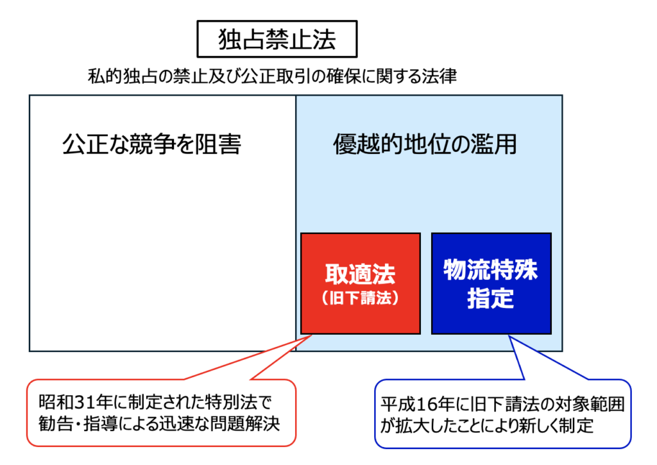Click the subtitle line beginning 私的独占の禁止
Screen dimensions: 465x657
point(272,76)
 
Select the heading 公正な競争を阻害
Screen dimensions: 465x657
point(151,144)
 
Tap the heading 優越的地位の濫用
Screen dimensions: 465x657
point(425,144)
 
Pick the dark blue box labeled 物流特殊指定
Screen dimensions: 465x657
point(491,283)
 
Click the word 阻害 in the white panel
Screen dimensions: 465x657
point(223,144)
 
